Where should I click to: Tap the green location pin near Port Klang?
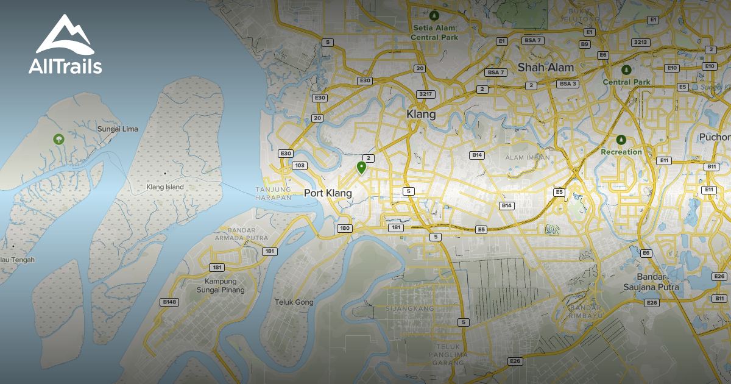[361, 167]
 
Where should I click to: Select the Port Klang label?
[328, 193]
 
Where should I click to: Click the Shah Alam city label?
[546, 67]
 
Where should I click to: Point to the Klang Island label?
[165, 187]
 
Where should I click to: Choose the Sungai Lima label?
[118, 129]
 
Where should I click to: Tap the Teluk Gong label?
[294, 302]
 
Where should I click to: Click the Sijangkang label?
[409, 309]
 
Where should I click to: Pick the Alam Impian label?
[528, 157]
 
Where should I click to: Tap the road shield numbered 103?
[299, 165]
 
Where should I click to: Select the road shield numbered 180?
[344, 228]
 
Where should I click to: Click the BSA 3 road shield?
[568, 84]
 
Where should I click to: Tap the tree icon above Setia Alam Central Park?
[434, 16]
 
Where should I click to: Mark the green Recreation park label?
[621, 152]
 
